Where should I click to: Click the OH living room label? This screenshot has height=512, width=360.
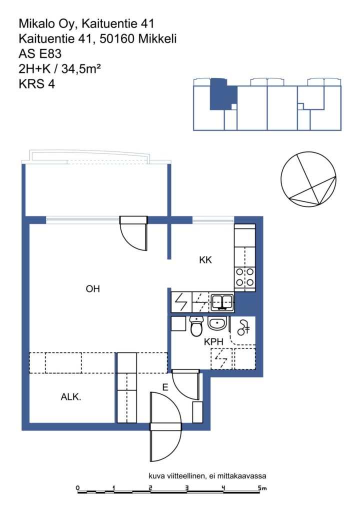point(92,288)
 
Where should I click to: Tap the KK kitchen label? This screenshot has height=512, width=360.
point(205,260)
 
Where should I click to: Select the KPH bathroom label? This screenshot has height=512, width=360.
point(213,341)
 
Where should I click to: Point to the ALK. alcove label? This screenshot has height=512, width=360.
point(71,396)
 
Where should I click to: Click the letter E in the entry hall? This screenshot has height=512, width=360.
point(165,387)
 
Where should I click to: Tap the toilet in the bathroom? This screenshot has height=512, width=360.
point(196,326)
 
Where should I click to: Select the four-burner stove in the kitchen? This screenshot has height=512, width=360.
point(244,277)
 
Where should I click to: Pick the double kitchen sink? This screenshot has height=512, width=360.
point(222,302)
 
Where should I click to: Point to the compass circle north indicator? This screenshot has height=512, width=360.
point(308,178)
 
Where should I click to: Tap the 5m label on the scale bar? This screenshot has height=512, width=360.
point(262,488)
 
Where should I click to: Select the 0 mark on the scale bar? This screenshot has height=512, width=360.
point(77,488)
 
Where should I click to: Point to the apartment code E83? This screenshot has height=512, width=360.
point(49,53)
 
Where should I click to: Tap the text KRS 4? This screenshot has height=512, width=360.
point(36,84)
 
